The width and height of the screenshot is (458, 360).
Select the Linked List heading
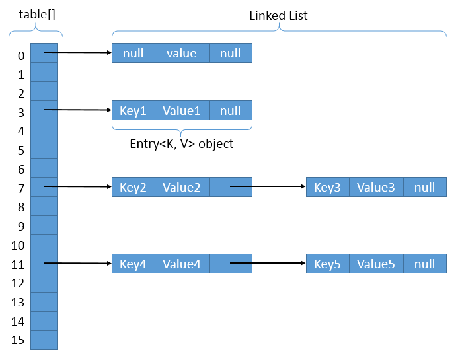point(278,15)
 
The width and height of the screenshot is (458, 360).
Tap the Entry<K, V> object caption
point(182,143)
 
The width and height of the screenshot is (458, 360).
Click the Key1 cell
point(133,110)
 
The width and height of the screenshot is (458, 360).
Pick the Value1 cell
point(182,110)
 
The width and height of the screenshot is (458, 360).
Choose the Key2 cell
point(133,187)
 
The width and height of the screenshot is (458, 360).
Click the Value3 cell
point(376,187)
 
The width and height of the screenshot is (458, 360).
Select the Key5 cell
point(327,264)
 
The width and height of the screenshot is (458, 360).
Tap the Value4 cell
point(182,264)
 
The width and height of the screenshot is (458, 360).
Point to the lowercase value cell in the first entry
point(182,53)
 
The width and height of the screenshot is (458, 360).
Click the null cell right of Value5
point(425,264)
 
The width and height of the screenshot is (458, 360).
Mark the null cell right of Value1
point(231,110)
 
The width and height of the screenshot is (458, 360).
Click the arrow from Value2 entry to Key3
point(268,187)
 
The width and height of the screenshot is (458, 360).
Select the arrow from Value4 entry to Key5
point(268,264)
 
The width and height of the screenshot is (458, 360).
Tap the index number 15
point(19,340)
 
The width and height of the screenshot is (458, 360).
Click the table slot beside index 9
point(44,225)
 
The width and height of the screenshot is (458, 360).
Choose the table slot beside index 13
point(44,302)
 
